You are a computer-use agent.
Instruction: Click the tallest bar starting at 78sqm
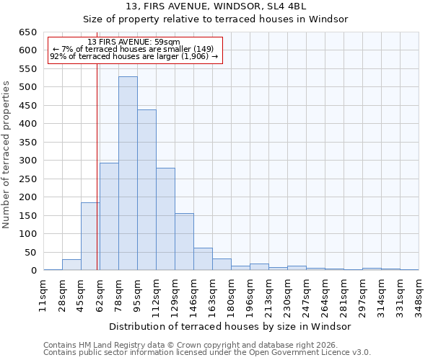[128, 174]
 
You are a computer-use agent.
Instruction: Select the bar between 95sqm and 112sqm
[146, 190]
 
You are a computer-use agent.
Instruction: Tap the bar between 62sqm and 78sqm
[109, 217]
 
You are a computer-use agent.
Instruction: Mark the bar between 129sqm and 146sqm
[184, 242]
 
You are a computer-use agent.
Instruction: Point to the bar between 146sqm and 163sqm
[203, 259]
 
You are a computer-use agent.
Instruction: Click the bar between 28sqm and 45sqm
[71, 265]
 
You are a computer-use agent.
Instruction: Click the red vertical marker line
[97, 180]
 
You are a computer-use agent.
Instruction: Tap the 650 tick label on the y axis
[27, 32]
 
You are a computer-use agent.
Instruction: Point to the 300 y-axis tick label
[27, 161]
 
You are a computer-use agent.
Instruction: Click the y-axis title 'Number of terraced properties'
[7, 155]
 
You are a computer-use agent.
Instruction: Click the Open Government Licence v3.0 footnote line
[207, 352]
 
